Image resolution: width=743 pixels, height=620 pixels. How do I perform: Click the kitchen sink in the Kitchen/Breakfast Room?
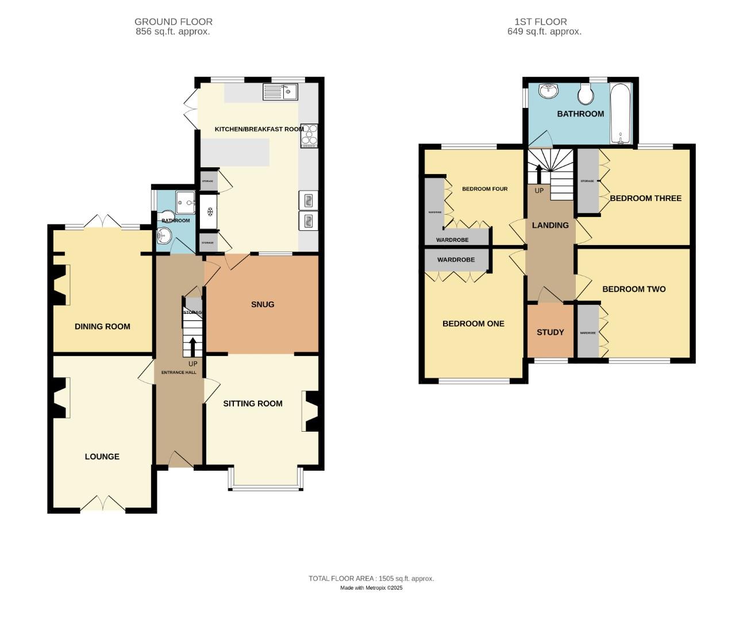click(280, 91)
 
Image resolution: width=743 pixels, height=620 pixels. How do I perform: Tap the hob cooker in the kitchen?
click(309, 135)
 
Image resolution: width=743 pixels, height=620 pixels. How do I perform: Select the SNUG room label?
click(263, 304)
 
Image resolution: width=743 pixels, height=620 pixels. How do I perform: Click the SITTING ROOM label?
click(253, 404)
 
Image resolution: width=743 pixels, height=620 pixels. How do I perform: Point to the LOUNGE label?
click(102, 456)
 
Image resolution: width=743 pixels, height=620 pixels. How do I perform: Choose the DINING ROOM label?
click(102, 326)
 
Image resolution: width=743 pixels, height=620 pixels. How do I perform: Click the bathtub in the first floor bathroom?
click(621, 113)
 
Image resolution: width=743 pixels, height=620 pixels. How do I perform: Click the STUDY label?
click(550, 332)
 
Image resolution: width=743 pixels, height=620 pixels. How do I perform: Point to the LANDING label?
click(550, 225)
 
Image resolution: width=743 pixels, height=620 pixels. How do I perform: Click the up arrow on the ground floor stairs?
click(193, 347)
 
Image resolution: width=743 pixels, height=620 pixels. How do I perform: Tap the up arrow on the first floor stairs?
click(538, 175)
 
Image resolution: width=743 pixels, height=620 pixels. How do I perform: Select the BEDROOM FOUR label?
click(484, 189)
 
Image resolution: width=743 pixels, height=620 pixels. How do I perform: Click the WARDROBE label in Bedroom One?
click(456, 259)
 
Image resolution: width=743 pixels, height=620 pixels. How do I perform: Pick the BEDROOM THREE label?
click(645, 198)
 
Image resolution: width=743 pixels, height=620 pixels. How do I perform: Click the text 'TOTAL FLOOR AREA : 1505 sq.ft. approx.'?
click(371, 578)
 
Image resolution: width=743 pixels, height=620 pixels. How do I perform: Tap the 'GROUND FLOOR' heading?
click(173, 22)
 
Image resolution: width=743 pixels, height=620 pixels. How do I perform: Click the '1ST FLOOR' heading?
click(540, 22)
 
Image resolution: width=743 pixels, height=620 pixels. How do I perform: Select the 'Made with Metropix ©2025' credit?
click(371, 588)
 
